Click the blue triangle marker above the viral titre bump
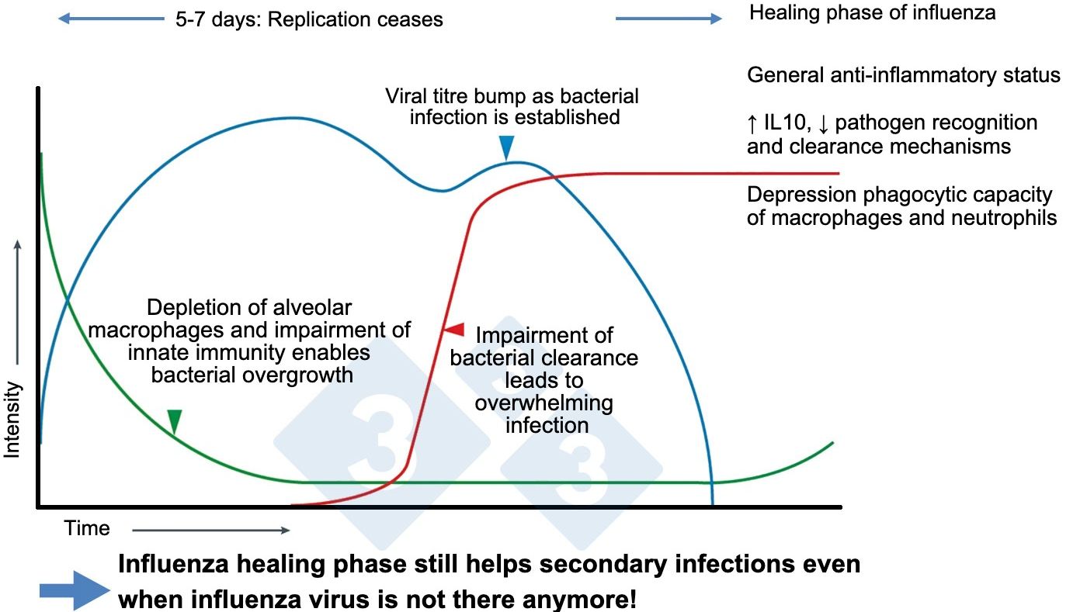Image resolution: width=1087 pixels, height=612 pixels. click(x=506, y=147)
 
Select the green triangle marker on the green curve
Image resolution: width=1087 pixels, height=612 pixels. click(x=175, y=420)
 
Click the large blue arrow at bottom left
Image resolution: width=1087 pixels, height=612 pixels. click(x=75, y=591)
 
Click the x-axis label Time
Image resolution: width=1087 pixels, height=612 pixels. click(x=87, y=529)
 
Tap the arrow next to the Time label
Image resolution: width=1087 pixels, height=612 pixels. click(x=210, y=531)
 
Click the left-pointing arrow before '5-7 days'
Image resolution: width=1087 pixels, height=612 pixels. click(x=111, y=19)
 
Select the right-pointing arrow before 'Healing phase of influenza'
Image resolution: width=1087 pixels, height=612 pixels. click(x=669, y=19)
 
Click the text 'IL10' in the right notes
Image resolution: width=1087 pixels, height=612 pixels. click(x=783, y=123)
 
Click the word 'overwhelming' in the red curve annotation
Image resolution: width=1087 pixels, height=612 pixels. click(x=544, y=403)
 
